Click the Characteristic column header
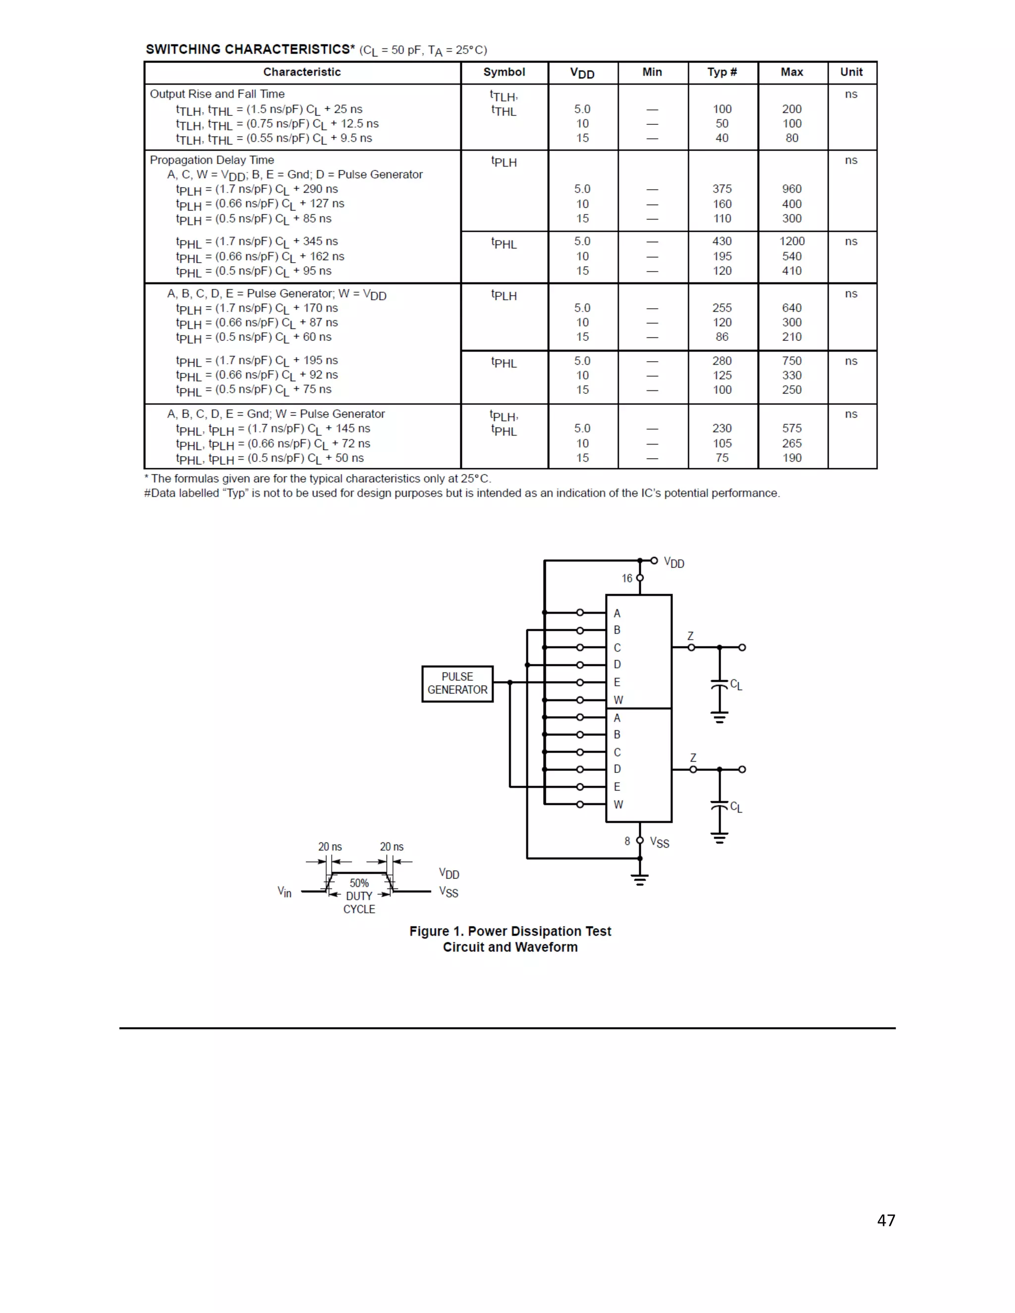click(x=302, y=72)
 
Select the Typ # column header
click(x=722, y=72)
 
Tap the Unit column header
click(x=851, y=72)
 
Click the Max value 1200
click(x=792, y=241)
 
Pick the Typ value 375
click(x=722, y=189)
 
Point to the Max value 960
click(x=792, y=189)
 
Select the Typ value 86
click(x=722, y=336)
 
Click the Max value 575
click(x=792, y=428)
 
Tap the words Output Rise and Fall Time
click(x=217, y=94)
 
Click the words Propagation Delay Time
click(x=212, y=160)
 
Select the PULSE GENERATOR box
click(x=457, y=684)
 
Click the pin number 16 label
click(x=627, y=578)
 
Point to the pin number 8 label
click(x=627, y=841)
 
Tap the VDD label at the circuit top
click(x=674, y=563)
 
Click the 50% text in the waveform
click(x=359, y=883)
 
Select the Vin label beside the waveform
click(x=284, y=892)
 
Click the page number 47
click(x=886, y=1220)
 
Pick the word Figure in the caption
click(x=429, y=931)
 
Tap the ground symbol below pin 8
click(x=640, y=880)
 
